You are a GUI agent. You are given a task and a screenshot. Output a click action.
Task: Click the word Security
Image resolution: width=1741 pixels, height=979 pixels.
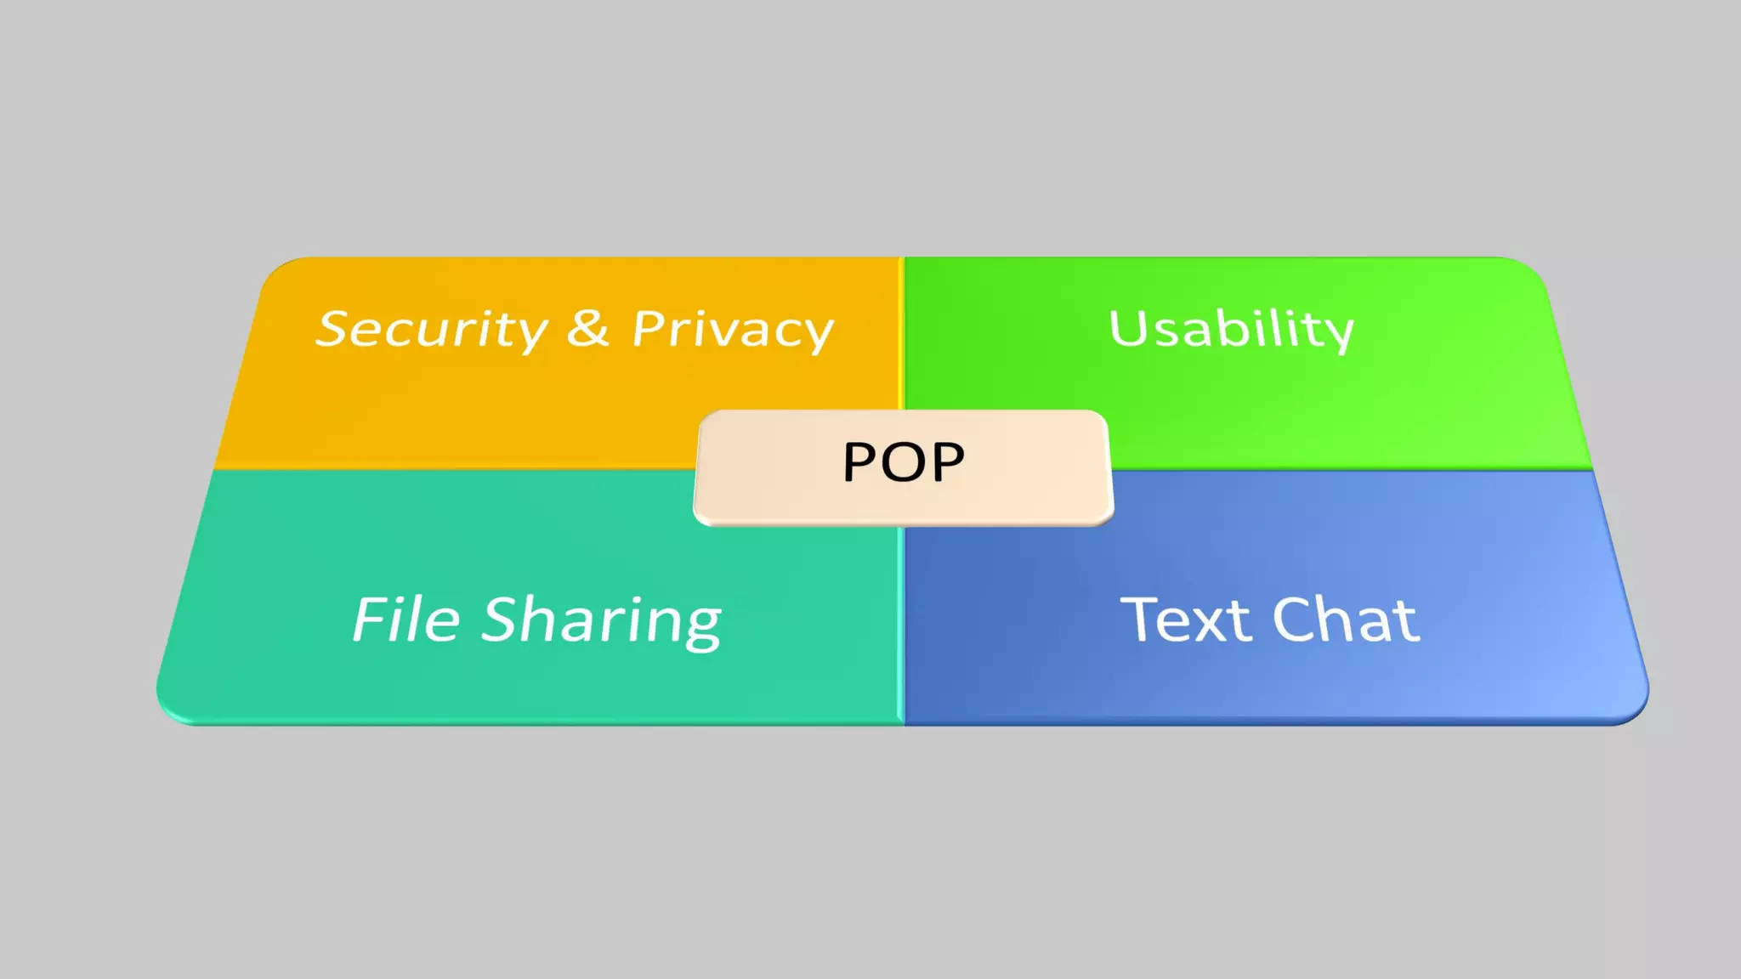pyautogui.click(x=432, y=330)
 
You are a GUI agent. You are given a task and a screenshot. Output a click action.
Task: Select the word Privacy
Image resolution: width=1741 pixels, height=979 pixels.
pyautogui.click(x=733, y=330)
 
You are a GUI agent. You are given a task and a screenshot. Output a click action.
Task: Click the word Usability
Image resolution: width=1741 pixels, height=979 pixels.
pyautogui.click(x=1231, y=330)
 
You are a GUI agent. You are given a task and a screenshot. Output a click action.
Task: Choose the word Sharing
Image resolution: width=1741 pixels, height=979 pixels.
pyautogui.click(x=602, y=621)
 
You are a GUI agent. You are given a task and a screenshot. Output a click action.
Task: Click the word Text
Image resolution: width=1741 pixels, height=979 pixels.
pyautogui.click(x=1187, y=620)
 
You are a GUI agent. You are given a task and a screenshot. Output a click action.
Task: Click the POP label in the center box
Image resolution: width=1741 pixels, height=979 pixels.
pyautogui.click(x=903, y=462)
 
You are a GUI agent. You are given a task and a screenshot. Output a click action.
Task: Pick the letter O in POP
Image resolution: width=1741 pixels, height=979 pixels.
pyautogui.click(x=904, y=462)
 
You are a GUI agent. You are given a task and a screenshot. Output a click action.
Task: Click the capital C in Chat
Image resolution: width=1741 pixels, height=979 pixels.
pyautogui.click(x=1296, y=620)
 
